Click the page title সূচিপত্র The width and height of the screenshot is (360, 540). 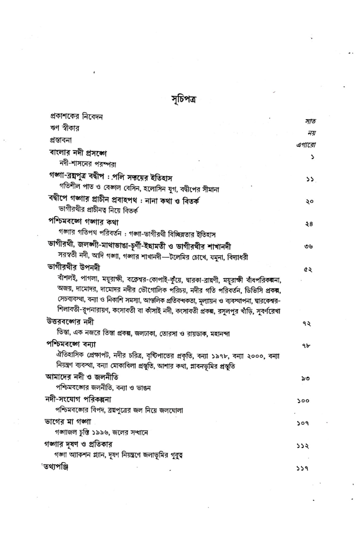(179, 99)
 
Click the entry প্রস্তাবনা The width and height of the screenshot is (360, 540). (63, 139)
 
